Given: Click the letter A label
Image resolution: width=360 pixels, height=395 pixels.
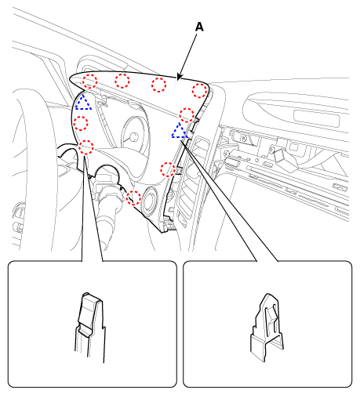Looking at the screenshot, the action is pyautogui.click(x=199, y=27).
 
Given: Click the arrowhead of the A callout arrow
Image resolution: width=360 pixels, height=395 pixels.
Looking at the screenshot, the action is pyautogui.click(x=179, y=77).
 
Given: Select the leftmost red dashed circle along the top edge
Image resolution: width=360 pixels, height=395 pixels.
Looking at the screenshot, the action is pyautogui.click(x=89, y=81).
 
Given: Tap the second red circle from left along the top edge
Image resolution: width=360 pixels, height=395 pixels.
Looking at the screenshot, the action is pyautogui.click(x=122, y=81).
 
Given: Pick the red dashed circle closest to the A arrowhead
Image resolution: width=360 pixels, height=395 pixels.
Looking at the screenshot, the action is pyautogui.click(x=158, y=85).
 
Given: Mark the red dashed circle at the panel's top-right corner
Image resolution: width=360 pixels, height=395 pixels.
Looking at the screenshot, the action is pyautogui.click(x=199, y=91).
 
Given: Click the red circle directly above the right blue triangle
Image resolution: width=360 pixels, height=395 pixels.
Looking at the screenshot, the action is pyautogui.click(x=187, y=114).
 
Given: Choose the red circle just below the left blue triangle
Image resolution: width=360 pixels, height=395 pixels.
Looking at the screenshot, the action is pyautogui.click(x=81, y=124).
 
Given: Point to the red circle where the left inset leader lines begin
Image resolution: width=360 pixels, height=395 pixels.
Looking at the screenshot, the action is pyautogui.click(x=86, y=147).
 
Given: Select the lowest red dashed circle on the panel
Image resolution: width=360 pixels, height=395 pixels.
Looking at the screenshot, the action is pyautogui.click(x=133, y=197).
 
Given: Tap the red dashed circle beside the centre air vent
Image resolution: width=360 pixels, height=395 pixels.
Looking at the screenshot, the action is pyautogui.click(x=168, y=169).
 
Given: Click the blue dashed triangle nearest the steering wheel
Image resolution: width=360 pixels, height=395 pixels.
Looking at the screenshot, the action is pyautogui.click(x=83, y=102).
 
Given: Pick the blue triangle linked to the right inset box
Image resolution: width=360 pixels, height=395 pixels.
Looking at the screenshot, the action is pyautogui.click(x=180, y=130).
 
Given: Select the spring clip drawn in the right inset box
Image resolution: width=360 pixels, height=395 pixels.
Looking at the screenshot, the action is pyautogui.click(x=267, y=328).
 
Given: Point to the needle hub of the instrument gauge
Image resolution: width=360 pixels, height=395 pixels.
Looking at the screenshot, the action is pyautogui.click(x=134, y=137).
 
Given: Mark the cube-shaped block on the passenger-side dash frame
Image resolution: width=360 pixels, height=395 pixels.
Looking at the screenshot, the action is pyautogui.click(x=285, y=158).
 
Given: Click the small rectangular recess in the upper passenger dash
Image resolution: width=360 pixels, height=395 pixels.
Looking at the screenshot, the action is pyautogui.click(x=316, y=117).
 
